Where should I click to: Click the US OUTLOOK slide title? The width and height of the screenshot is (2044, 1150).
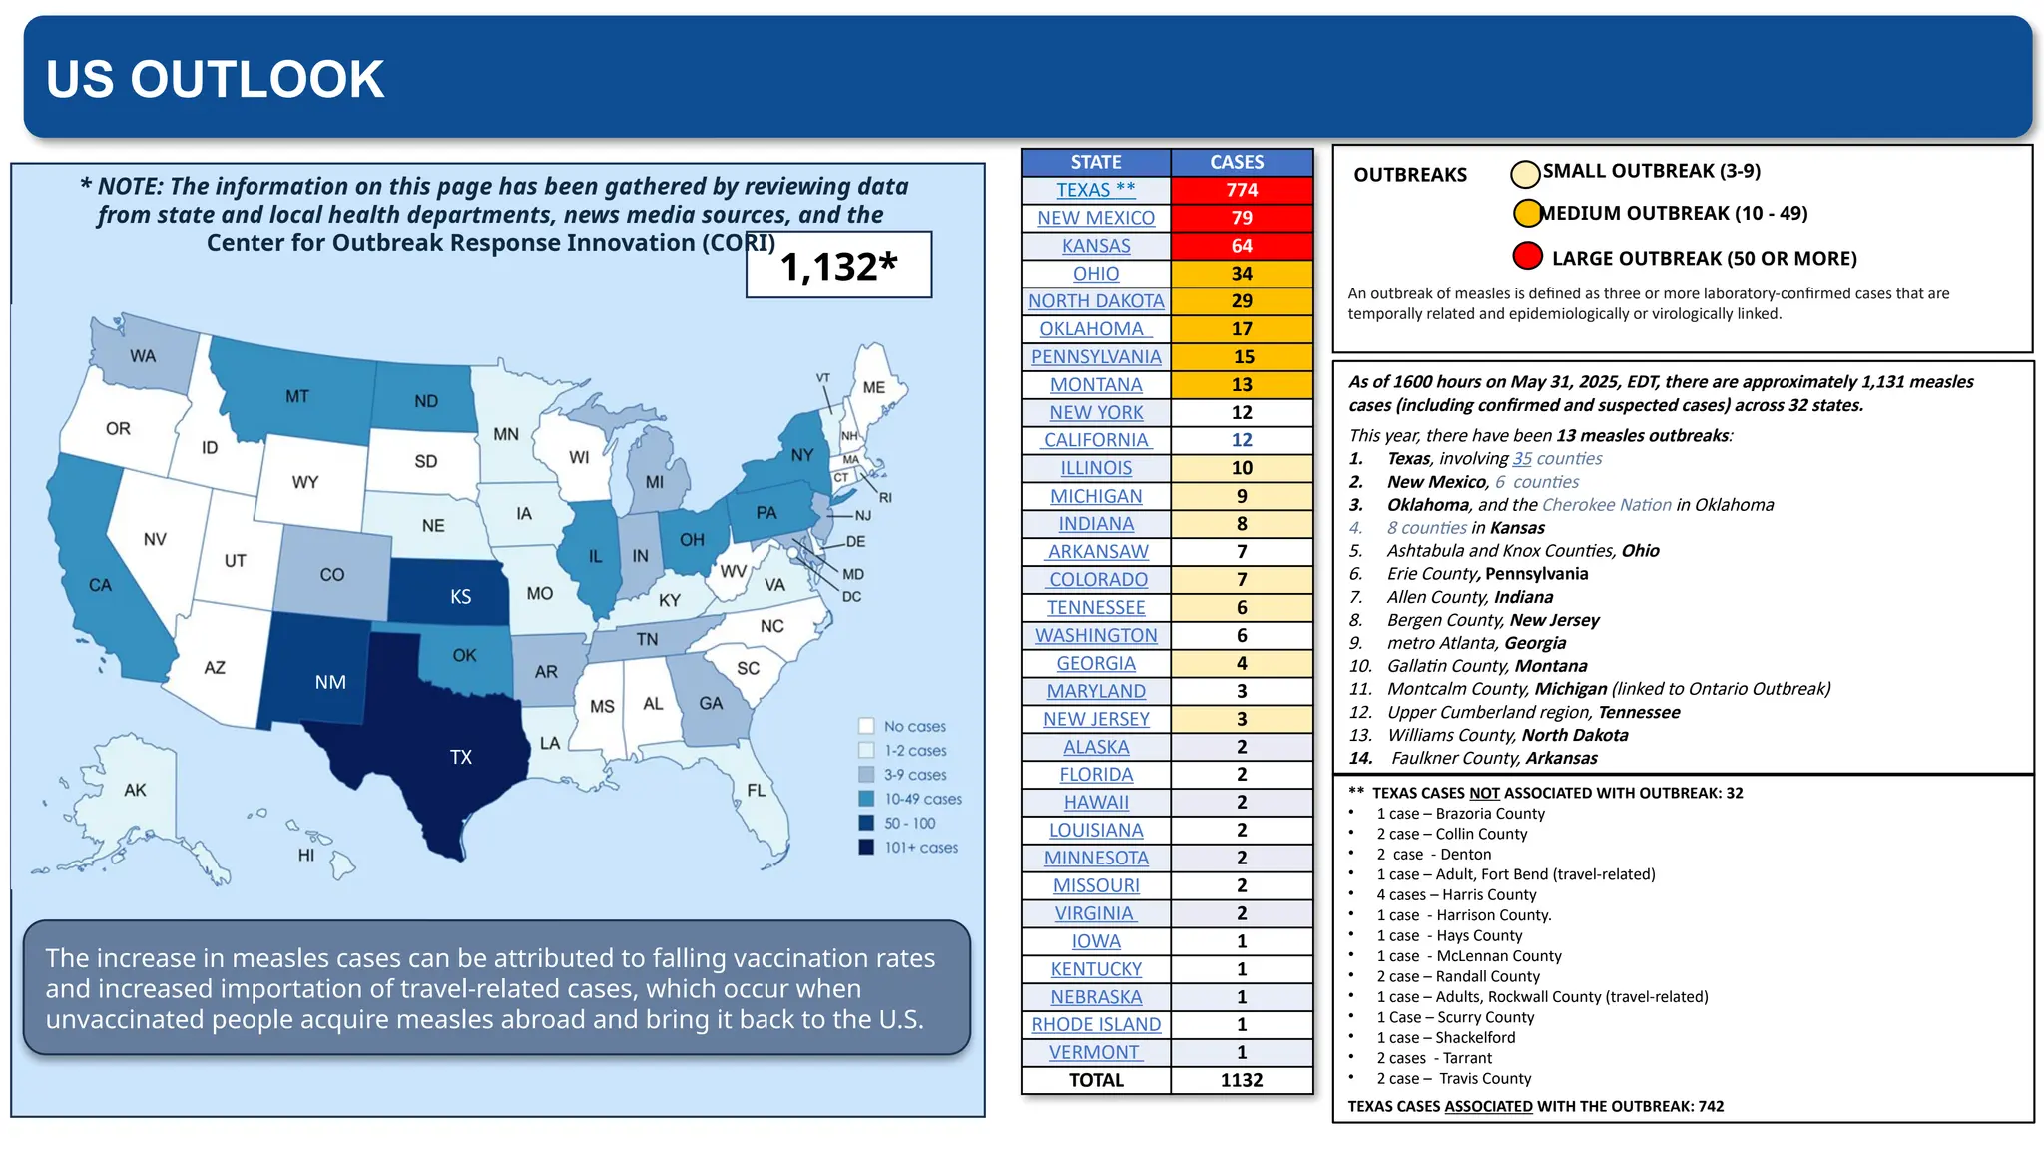215,80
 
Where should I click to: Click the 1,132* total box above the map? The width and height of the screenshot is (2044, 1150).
838,266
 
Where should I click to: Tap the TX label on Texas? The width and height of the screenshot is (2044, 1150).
460,757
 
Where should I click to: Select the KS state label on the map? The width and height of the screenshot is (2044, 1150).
460,597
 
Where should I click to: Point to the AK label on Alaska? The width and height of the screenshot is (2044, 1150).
135,790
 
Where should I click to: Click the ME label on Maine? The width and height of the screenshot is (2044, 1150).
873,387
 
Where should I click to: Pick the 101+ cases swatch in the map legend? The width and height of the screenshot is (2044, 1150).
866,847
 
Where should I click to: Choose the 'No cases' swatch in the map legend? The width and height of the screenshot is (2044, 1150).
866,726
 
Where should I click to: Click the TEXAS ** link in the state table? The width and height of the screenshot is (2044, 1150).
1095,190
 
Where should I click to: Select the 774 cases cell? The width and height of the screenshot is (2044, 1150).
1241,190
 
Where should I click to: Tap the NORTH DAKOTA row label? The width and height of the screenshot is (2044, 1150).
1096,301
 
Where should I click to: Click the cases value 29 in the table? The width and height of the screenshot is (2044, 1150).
1241,301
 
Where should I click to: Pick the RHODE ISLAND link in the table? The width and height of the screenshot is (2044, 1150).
1096,1024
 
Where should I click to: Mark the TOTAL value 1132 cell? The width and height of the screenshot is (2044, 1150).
1241,1080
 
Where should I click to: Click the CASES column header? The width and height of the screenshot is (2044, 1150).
1237,162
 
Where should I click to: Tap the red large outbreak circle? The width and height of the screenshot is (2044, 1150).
1527,257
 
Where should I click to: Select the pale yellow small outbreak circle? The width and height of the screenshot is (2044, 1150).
1525,174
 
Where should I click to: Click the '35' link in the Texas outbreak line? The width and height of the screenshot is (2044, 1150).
1521,459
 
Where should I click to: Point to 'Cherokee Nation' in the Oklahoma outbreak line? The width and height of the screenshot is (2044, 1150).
1606,505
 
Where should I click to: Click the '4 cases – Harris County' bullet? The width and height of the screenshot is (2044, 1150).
1456,895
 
